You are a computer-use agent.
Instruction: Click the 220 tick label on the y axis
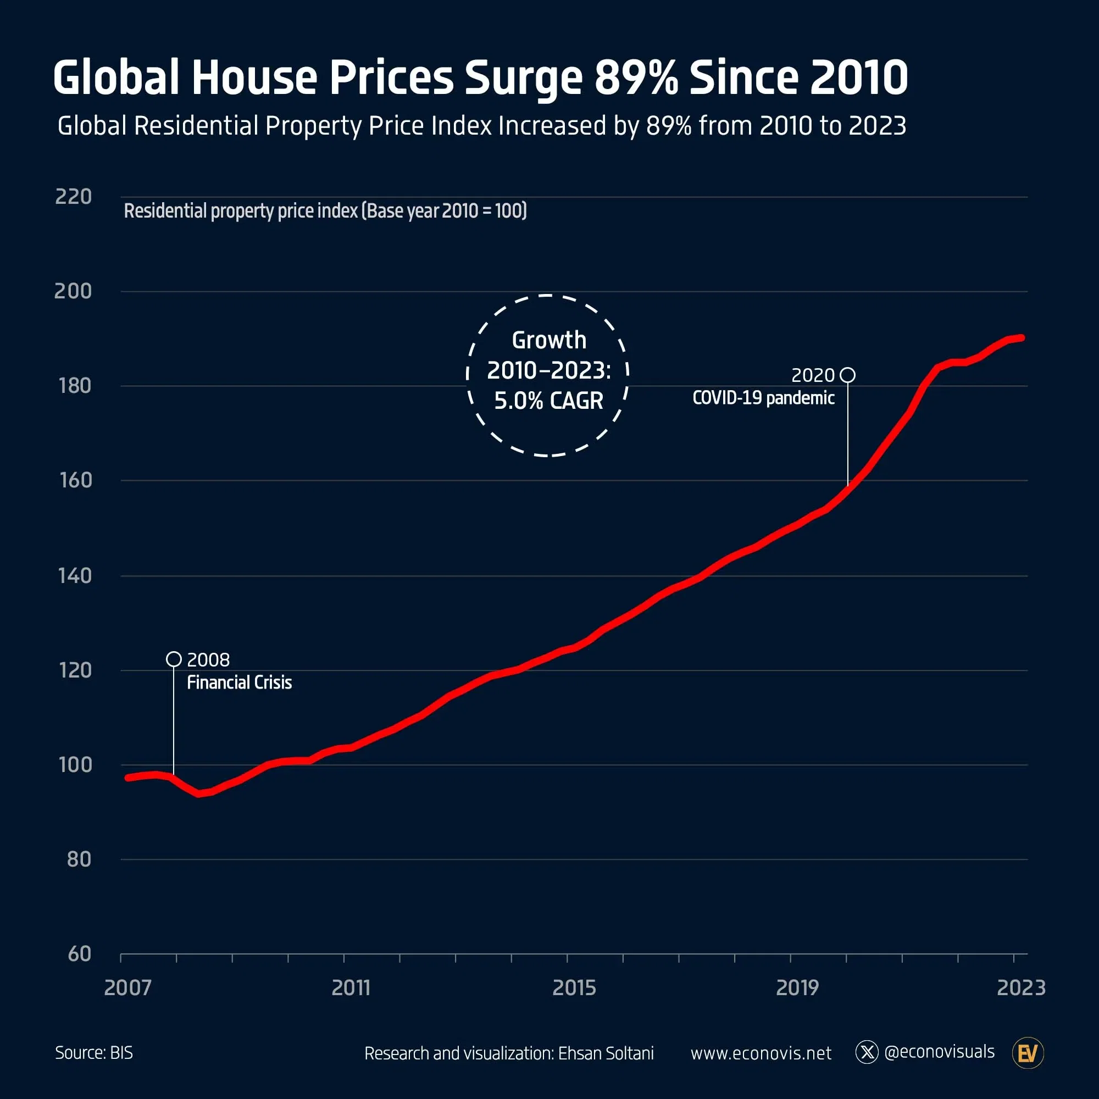[x=74, y=196]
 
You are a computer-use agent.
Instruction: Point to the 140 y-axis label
[x=75, y=576]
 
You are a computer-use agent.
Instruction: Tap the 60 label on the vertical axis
[x=79, y=954]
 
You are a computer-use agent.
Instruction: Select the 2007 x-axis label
[x=127, y=988]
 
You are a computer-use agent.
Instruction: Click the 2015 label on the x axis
[x=574, y=988]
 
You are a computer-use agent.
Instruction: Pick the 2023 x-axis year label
[x=1021, y=988]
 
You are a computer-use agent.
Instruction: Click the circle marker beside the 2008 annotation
[x=174, y=659]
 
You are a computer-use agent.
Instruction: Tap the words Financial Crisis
[x=239, y=682]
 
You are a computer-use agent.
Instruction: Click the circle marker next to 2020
[x=847, y=375]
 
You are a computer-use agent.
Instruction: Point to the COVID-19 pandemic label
[x=763, y=398]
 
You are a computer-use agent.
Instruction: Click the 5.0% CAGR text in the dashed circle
[x=548, y=401]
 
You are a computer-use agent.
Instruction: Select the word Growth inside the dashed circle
[x=548, y=340]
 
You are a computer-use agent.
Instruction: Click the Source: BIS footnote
[x=94, y=1053]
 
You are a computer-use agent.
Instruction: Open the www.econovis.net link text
[x=761, y=1053]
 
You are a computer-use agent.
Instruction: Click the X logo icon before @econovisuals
[x=867, y=1052]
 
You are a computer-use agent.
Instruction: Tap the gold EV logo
[x=1028, y=1053]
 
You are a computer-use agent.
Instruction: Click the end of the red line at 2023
[x=1022, y=338]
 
